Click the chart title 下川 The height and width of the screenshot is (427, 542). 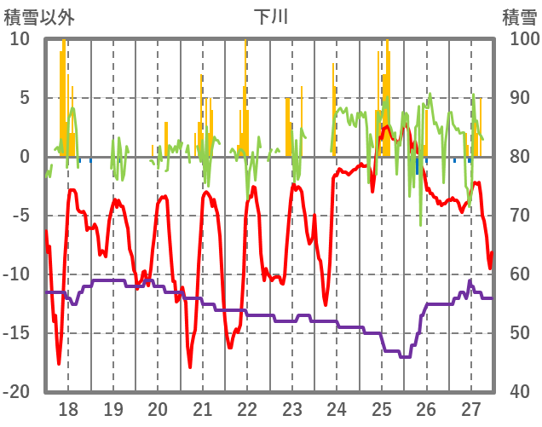tap(270, 16)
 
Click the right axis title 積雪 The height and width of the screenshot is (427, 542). tap(519, 16)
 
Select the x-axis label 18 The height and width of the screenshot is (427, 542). tap(68, 408)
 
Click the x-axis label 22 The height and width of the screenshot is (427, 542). tap(247, 408)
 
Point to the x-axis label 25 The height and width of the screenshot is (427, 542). tap(381, 408)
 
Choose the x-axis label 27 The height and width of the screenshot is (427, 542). tap(470, 408)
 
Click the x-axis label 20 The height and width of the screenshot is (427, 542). tap(158, 408)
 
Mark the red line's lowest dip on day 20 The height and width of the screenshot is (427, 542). tap(190, 366)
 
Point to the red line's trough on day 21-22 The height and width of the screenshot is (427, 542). tap(229, 347)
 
